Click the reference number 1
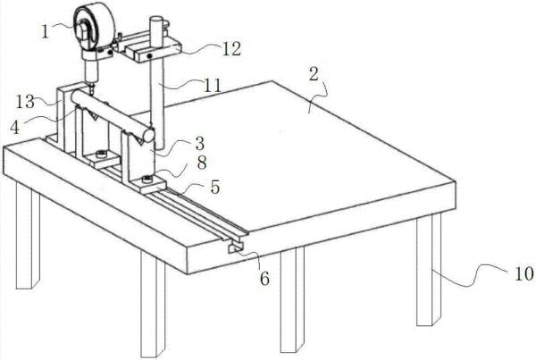46,31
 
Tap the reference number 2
314,73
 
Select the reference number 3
200,144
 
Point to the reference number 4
14,128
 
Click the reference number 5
215,187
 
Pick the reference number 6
264,279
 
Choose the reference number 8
202,163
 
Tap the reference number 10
523,273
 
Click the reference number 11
213,85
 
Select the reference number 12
231,49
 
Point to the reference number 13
25,102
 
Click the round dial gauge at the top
93,29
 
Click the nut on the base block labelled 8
147,178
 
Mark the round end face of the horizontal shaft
149,135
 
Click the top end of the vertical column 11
156,19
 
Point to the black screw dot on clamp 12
149,55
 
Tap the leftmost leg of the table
28,236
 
